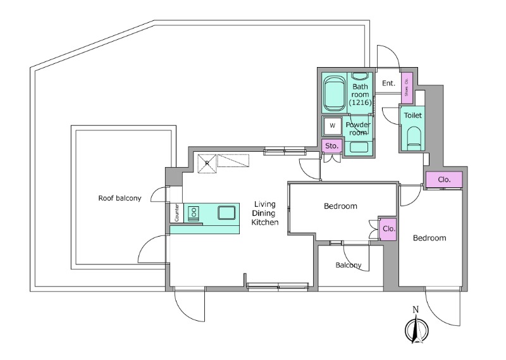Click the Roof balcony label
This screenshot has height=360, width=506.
click(120, 198)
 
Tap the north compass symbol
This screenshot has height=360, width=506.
click(416, 330)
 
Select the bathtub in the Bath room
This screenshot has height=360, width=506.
click(334, 93)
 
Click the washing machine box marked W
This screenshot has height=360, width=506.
click(333, 126)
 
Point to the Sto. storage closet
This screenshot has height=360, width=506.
click(331, 146)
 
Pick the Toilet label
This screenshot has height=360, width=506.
click(413, 115)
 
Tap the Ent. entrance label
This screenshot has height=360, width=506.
click(388, 83)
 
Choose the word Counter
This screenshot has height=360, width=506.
click(176, 213)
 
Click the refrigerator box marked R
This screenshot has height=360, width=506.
click(207, 164)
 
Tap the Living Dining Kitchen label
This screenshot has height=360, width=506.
click(264, 213)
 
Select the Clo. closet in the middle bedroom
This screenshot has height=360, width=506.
click(388, 228)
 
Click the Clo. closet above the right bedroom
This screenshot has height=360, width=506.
click(444, 180)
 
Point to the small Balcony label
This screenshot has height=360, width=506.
click(349, 265)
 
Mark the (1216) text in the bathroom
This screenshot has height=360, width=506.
click(360, 102)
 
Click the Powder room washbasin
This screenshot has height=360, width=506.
click(358, 147)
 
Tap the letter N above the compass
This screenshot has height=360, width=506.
click(416, 309)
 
